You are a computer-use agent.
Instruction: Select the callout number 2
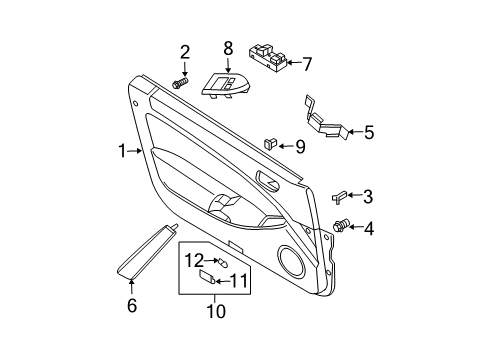click(x=185, y=53)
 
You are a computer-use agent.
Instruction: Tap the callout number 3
click(x=368, y=196)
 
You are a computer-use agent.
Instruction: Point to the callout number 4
click(x=369, y=229)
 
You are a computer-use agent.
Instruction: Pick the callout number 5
click(x=368, y=130)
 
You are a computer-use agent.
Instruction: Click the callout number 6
click(x=131, y=307)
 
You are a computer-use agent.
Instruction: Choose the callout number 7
click(x=307, y=65)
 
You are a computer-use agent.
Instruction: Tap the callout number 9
click(x=299, y=147)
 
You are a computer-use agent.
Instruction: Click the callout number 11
click(x=237, y=280)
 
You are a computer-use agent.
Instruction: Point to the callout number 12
click(x=193, y=260)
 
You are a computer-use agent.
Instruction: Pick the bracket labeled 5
click(x=324, y=118)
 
